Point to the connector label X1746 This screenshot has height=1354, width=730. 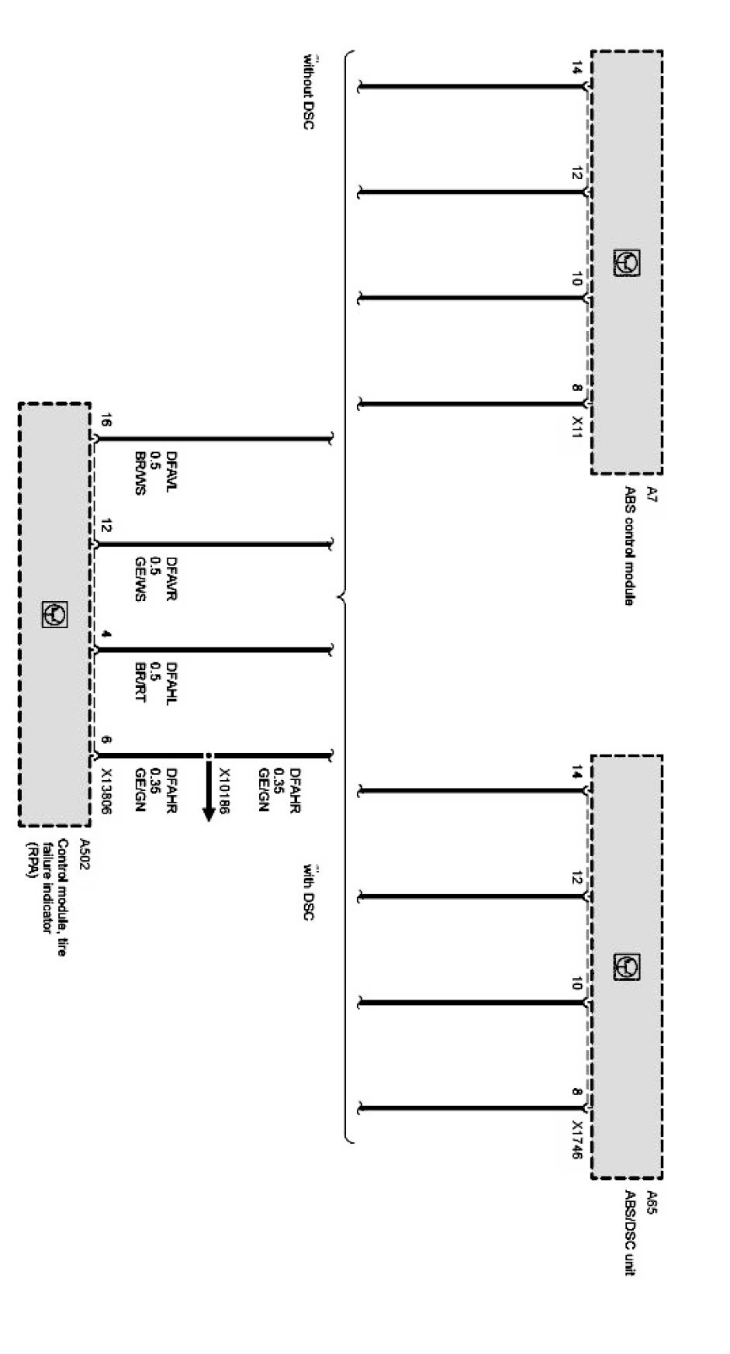click(x=576, y=1139)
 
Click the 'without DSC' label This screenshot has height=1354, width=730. click(x=308, y=92)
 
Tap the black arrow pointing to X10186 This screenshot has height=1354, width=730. click(x=208, y=791)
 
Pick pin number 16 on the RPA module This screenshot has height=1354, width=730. click(x=106, y=422)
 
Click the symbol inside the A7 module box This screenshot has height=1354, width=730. click(x=627, y=262)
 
